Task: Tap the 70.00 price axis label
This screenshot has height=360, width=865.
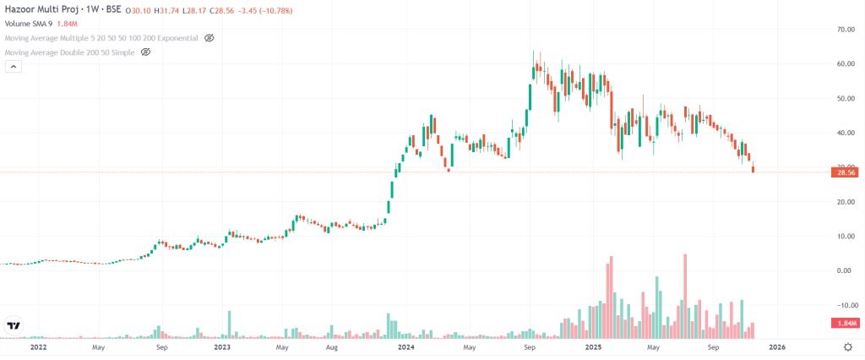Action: coord(842,30)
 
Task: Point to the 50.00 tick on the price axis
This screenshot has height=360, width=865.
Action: coord(842,98)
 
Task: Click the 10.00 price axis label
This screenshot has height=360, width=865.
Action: coord(842,236)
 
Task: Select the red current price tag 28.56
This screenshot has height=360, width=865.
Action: coord(846,172)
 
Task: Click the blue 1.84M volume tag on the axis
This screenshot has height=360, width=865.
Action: coord(846,324)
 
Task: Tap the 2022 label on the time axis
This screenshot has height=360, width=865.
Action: coord(38,346)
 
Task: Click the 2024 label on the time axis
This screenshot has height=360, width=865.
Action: coord(405,346)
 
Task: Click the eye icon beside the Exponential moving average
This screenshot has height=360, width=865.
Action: coord(209,38)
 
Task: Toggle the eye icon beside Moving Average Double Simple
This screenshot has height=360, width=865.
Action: coord(145,52)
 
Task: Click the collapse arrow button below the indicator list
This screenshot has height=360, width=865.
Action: coord(13,68)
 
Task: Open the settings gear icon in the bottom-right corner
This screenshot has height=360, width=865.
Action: coord(847,346)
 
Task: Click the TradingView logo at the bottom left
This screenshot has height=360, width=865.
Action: coord(14,325)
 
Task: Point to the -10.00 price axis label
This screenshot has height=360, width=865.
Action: coord(841,305)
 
